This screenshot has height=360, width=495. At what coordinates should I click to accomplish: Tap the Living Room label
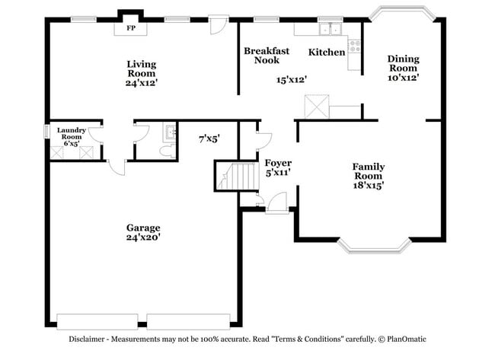(x=142, y=73)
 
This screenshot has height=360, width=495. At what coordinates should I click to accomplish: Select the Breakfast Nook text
(x=266, y=56)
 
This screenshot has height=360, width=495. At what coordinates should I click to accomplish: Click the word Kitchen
(x=326, y=53)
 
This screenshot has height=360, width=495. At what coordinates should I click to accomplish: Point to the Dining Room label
(x=403, y=68)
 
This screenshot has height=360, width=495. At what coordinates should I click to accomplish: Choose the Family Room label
(x=368, y=175)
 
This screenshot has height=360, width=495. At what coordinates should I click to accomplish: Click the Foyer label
(x=278, y=167)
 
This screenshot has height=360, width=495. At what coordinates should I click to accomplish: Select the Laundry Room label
(x=71, y=136)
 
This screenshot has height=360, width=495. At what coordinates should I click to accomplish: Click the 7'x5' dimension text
(x=209, y=139)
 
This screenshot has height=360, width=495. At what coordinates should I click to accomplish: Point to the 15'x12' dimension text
(x=291, y=79)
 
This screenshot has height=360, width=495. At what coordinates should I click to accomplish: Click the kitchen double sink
(x=331, y=30)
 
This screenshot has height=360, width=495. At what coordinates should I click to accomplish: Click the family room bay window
(x=369, y=245)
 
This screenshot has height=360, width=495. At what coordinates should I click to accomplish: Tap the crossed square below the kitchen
(x=316, y=106)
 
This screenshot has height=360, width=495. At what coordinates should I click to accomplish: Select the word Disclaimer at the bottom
(x=92, y=339)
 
